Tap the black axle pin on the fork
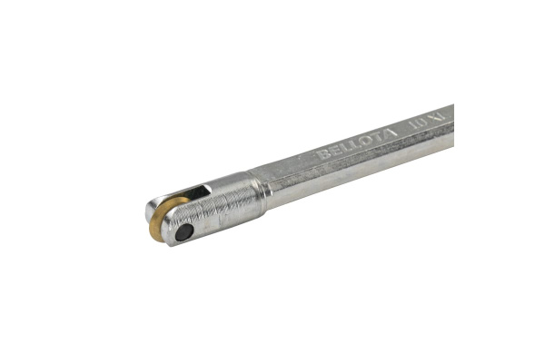184,232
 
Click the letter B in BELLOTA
322,154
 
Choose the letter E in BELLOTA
332,151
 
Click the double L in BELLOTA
347,146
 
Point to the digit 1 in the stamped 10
411,124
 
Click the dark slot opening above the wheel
194,195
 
